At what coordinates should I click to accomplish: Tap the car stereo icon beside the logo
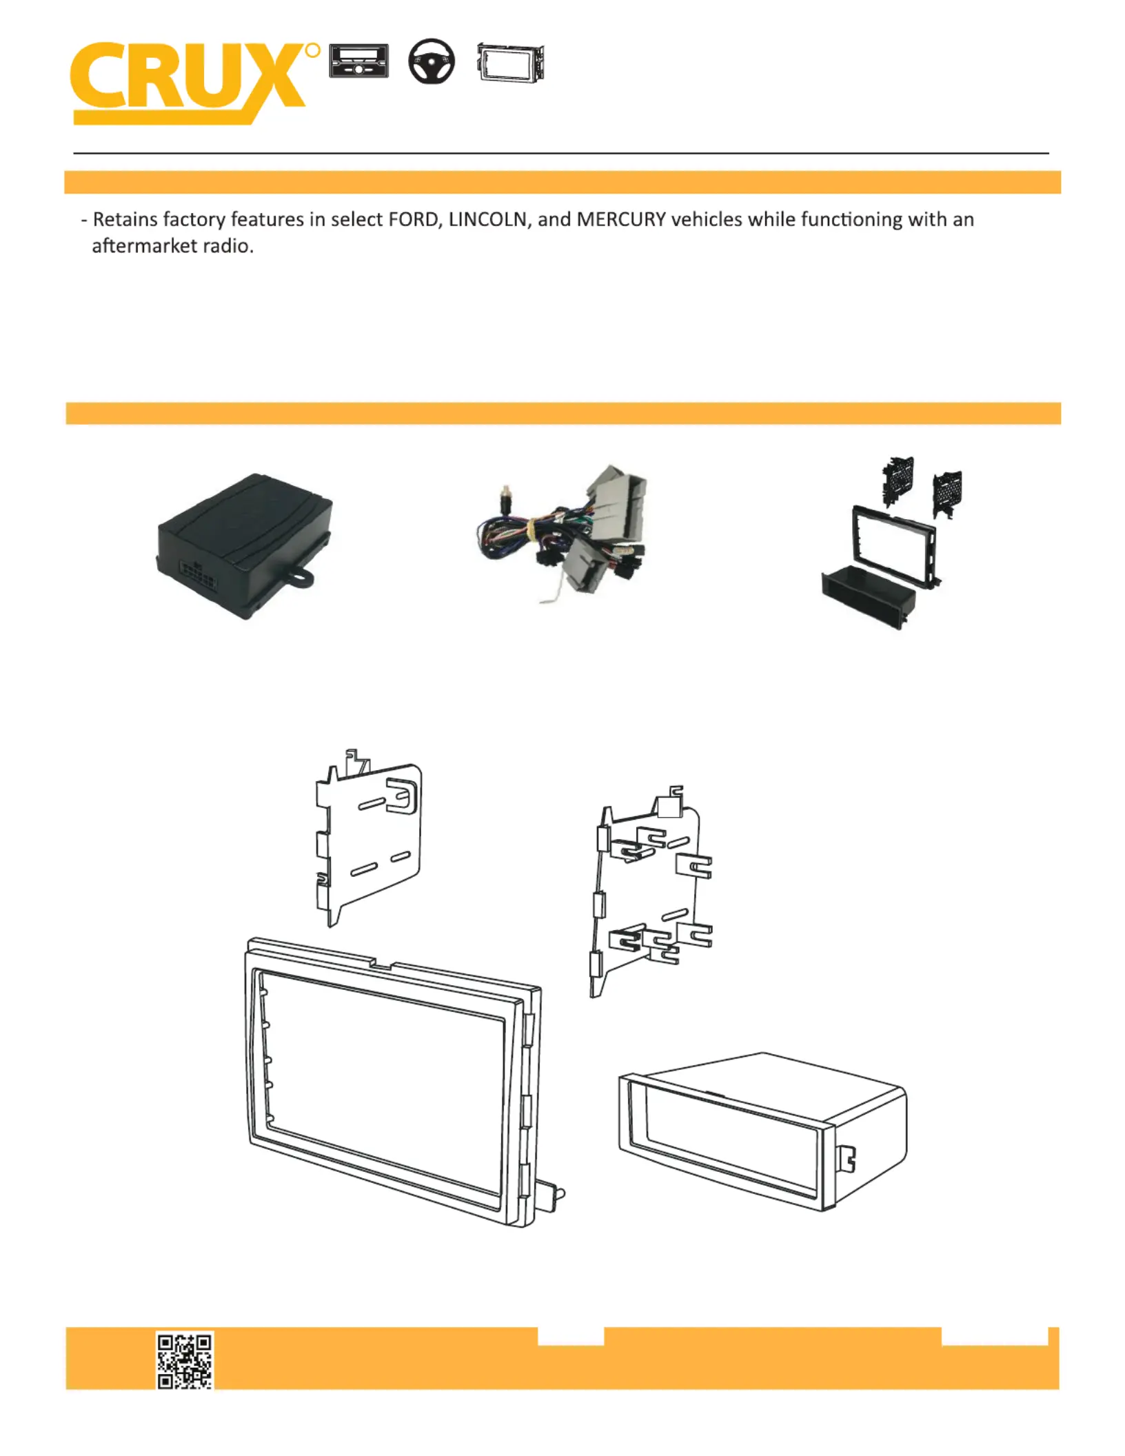click(x=358, y=61)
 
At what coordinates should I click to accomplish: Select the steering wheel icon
click(x=432, y=61)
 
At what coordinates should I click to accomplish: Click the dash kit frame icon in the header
click(x=511, y=63)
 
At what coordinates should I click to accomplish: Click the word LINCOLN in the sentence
click(x=489, y=219)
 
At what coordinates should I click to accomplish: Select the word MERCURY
click(x=621, y=219)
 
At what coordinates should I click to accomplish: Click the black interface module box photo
click(x=245, y=545)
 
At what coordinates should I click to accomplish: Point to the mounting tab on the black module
click(x=300, y=576)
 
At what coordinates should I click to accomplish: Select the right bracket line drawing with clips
click(x=651, y=891)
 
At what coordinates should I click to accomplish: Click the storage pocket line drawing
click(x=762, y=1131)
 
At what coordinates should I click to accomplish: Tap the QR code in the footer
click(x=185, y=1360)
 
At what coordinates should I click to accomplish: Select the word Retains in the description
click(x=125, y=219)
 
